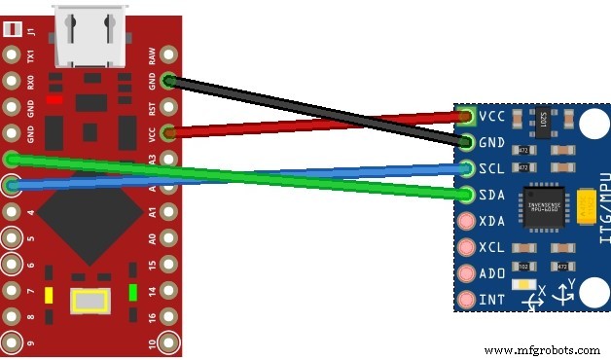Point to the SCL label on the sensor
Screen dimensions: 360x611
(491, 168)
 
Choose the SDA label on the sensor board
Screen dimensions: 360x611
(491, 195)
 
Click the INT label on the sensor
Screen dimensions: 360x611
(491, 300)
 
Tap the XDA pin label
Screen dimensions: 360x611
(491, 221)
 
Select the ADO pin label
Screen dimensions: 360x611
(491, 273)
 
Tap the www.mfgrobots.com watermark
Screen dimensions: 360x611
(541, 349)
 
